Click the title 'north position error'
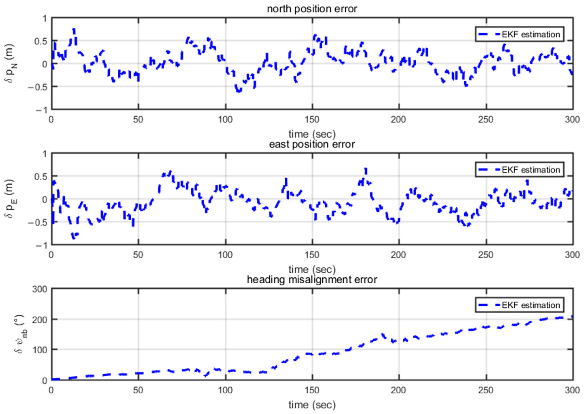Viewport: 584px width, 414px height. click(x=312, y=9)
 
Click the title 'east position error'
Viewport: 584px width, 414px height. click(x=312, y=144)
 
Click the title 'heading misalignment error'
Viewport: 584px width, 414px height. click(x=312, y=280)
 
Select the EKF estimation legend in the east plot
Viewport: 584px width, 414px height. click(x=519, y=170)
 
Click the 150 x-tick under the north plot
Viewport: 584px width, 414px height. click(x=312, y=119)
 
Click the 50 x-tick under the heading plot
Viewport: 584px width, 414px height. click(x=138, y=390)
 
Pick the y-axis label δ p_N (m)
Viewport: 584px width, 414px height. click(x=10, y=64)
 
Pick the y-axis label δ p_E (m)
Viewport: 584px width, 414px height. click(x=10, y=199)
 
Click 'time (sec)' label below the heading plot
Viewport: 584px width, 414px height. click(x=312, y=405)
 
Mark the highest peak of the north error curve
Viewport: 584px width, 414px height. click(x=74, y=30)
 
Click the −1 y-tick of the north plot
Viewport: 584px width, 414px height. click(x=41, y=110)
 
